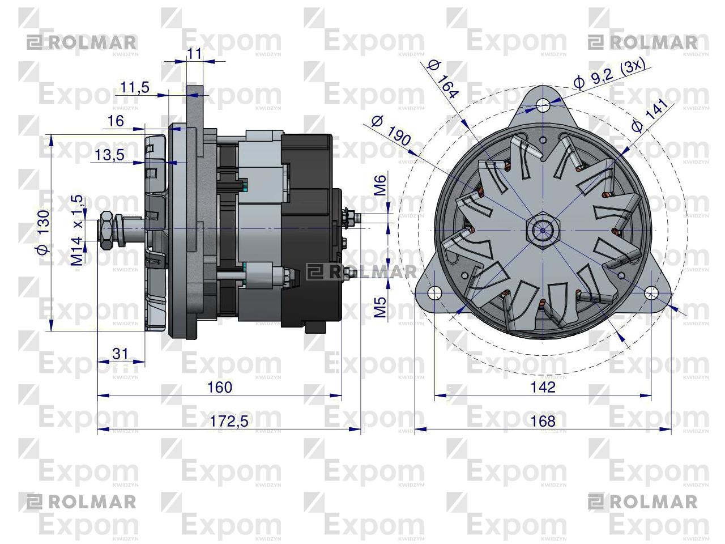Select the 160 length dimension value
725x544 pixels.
coord(220,387)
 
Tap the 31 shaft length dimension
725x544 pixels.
coord(120,354)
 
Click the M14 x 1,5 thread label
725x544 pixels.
coord(77,230)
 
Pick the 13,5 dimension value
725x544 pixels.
coord(109,155)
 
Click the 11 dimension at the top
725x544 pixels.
coord(194,54)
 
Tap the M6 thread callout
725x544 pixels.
coord(380,186)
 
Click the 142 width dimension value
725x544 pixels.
coord(543,387)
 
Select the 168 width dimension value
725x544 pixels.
coord(543,421)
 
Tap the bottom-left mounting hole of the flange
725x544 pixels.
coord(434,292)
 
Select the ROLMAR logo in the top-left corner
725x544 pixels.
coord(82,42)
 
